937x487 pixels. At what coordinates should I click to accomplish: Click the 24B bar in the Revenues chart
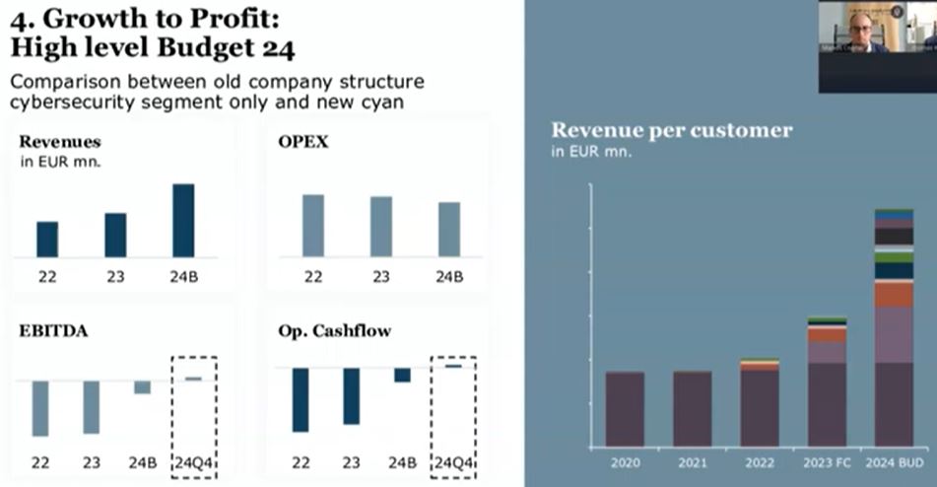[x=183, y=220]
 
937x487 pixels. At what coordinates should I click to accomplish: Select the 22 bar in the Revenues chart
[x=47, y=239]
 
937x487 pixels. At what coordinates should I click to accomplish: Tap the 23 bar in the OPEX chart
[x=380, y=226]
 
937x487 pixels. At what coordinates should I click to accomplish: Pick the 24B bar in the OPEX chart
[x=449, y=229]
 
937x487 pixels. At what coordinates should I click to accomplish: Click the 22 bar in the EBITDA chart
[x=40, y=408]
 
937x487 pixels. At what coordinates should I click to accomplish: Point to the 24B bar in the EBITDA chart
[x=142, y=387]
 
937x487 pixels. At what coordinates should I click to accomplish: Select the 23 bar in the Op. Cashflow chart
[x=351, y=396]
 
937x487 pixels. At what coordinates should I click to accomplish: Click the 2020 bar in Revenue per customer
[x=625, y=408]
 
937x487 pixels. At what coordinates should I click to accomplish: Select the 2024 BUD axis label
[x=894, y=462]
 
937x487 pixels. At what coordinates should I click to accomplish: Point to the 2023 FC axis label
[x=828, y=462]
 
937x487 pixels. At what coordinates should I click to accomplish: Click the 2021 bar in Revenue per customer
[x=692, y=408]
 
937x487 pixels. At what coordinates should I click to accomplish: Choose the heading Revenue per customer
[x=671, y=130]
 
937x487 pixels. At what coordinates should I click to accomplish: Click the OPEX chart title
[x=303, y=142]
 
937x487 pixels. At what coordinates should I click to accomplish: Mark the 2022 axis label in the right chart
[x=760, y=462]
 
